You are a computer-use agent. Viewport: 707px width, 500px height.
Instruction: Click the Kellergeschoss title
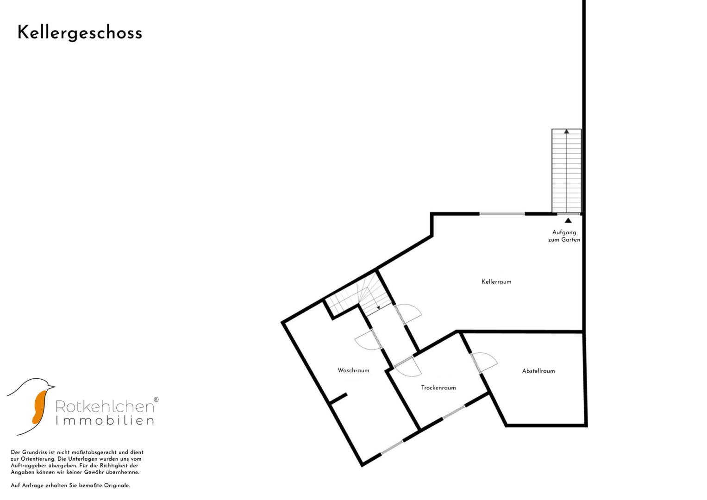[x=80, y=33]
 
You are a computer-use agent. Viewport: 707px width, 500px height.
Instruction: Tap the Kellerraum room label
[x=496, y=282]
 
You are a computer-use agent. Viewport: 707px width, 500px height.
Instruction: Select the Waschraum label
[x=353, y=370]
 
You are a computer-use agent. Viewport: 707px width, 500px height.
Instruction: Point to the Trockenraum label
[x=438, y=387]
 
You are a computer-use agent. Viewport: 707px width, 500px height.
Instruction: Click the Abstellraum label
[x=538, y=371]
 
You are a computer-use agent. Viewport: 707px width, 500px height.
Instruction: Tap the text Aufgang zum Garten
[x=564, y=236]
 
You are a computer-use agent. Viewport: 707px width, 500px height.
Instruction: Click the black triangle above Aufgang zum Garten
[x=568, y=220]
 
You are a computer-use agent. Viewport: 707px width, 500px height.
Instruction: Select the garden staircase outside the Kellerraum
[x=567, y=171]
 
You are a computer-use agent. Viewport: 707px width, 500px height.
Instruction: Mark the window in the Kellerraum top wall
[x=502, y=214]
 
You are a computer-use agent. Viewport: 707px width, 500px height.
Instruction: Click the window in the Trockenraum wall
[x=454, y=412]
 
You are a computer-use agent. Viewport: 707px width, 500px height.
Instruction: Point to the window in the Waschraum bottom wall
[x=392, y=448]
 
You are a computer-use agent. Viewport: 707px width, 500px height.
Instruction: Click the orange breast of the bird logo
[x=39, y=407]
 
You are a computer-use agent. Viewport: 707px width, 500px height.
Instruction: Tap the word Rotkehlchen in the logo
[x=105, y=406]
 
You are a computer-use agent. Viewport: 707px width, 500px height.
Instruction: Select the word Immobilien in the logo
[x=105, y=421]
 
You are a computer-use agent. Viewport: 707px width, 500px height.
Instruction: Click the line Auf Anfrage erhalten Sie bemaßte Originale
[x=70, y=486]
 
